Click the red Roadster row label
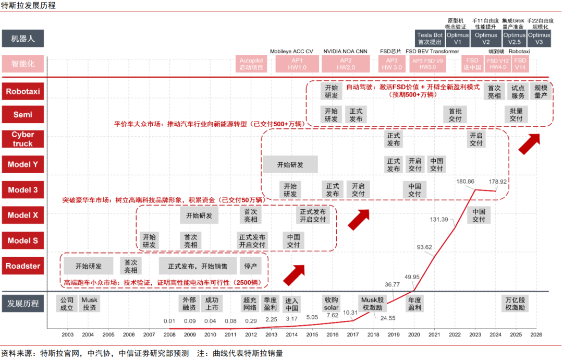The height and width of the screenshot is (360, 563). click(23, 266)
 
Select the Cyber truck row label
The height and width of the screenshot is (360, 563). click(23, 139)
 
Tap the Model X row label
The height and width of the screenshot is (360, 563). click(23, 215)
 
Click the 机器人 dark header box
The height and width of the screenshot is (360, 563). click(23, 38)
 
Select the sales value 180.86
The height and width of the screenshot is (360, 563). click(465, 181)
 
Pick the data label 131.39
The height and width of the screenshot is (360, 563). click(439, 219)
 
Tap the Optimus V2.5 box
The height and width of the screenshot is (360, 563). click(515, 39)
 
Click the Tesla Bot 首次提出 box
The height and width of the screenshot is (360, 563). click(430, 39)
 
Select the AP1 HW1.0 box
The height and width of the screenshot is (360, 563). click(298, 64)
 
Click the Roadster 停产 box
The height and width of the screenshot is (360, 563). click(250, 266)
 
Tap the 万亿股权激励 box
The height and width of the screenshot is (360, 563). click(515, 304)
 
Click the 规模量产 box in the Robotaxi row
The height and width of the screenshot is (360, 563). click(541, 92)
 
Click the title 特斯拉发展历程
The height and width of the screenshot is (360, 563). click(29, 6)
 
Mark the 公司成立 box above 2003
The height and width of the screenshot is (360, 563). click(67, 304)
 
